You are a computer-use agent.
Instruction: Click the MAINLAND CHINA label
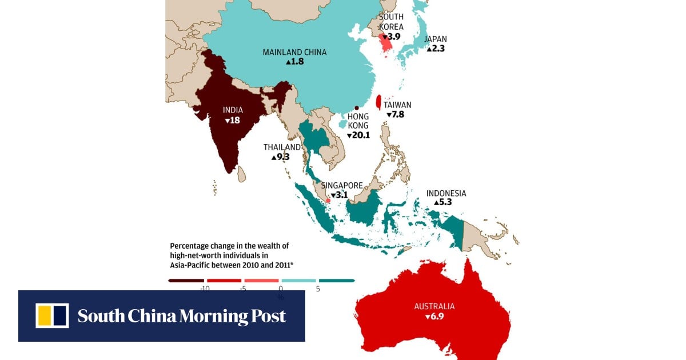click(294, 52)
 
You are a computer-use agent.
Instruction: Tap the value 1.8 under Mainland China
click(295, 61)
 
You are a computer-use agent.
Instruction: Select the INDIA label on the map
click(233, 110)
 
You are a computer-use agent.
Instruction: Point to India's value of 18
click(232, 121)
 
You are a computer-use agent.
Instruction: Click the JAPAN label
click(436, 39)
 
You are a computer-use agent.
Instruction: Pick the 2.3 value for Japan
click(436, 49)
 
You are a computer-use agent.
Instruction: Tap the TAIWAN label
click(397, 105)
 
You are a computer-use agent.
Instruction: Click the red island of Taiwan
click(378, 102)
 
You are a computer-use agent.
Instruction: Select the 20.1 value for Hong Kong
click(358, 135)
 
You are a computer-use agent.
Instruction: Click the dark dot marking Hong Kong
click(357, 108)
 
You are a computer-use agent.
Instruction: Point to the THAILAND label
click(282, 147)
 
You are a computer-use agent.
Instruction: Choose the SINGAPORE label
click(342, 185)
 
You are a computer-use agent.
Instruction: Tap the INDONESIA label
click(446, 193)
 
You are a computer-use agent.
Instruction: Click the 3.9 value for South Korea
click(391, 37)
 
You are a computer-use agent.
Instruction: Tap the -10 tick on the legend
click(204, 289)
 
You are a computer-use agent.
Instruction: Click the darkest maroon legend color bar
click(186, 281)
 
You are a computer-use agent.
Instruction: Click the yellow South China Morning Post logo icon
click(52, 316)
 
